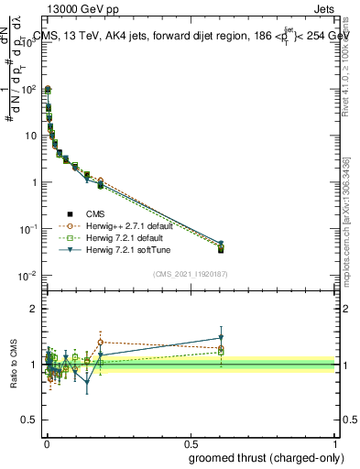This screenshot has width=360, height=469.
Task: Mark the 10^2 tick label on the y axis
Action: click(29, 89)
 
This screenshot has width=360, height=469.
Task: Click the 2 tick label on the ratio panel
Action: click(34, 309)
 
